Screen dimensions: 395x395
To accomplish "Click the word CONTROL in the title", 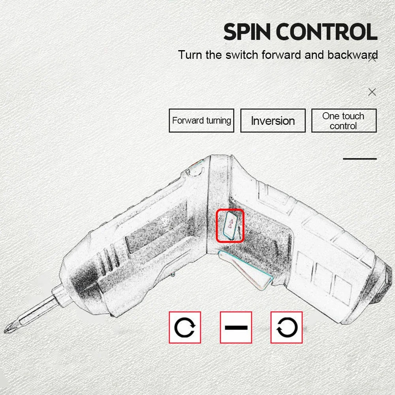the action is coord(327,32).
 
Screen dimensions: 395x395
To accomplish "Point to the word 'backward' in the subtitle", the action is coord(353,55).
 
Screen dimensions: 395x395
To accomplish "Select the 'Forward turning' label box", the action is coord(201,120).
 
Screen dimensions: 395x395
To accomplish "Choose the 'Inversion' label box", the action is coord(273,120).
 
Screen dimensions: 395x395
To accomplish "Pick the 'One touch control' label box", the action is coord(344,120).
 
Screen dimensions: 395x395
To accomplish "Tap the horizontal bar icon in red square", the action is coord(236,327).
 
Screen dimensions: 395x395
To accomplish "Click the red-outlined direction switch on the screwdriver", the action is coord(230,226).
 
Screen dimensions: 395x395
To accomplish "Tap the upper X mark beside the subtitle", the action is coord(372,59).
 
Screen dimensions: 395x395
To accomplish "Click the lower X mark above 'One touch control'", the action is coord(372,92).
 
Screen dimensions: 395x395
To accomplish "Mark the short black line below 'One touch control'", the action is coord(360,159).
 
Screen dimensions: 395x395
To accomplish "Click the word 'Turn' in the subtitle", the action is coord(190,55).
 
